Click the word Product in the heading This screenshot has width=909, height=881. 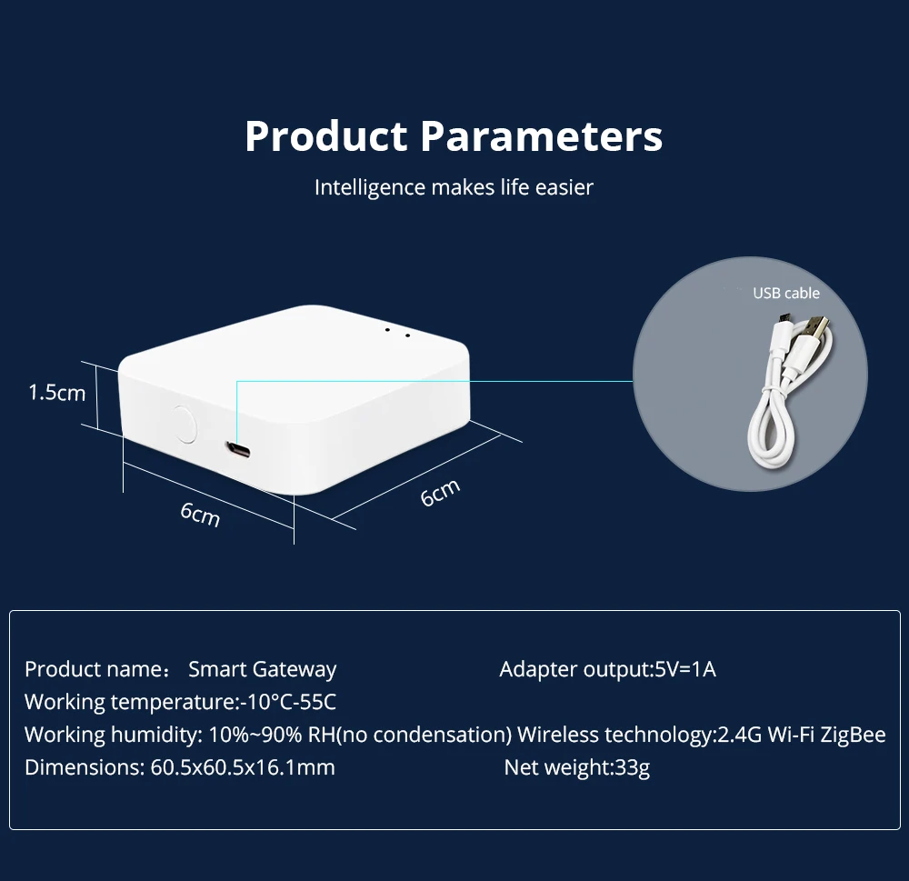325,136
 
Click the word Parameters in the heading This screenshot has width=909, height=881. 541,136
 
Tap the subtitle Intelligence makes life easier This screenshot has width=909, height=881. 454,187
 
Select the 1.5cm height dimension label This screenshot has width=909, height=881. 56,393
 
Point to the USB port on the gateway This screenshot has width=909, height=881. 239,450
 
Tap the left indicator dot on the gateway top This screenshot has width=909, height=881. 387,330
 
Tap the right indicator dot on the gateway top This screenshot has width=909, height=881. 406,335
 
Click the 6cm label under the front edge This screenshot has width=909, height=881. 200,514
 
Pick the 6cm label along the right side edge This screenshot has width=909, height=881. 440,493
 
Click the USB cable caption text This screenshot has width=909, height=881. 785,293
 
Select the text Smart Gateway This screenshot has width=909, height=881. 262,670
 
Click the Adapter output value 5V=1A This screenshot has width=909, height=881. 685,670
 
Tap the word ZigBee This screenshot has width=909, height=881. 853,735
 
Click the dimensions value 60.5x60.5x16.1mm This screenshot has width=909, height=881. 241,767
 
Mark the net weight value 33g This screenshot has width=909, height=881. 634,767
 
